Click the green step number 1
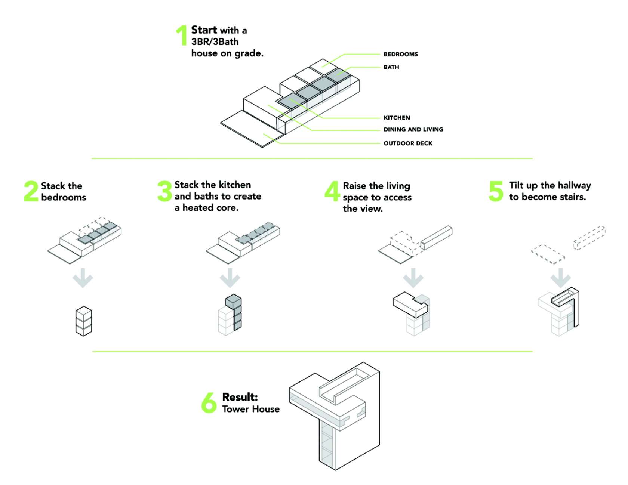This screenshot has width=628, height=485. [x=182, y=36]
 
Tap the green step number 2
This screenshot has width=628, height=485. [x=31, y=191]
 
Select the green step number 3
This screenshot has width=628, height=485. [x=164, y=191]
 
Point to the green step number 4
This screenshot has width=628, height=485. [x=332, y=191]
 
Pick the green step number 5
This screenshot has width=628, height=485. [x=496, y=191]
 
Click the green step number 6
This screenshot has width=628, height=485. [x=209, y=402]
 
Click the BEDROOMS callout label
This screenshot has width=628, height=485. [x=400, y=54]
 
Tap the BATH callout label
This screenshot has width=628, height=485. [x=391, y=67]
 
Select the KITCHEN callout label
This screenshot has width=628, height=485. [x=397, y=118]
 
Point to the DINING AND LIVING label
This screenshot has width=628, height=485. [x=413, y=130]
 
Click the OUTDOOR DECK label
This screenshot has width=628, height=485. [x=408, y=143]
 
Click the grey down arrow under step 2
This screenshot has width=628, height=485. [x=83, y=278]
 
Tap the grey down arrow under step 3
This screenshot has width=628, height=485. [x=230, y=278]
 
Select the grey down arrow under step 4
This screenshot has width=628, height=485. [x=413, y=278]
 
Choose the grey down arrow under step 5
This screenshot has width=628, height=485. [x=560, y=278]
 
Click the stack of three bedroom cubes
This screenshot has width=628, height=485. [x=84, y=321]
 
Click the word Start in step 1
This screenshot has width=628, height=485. [x=204, y=30]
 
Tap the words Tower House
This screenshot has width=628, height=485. [x=251, y=409]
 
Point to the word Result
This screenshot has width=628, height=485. [x=240, y=397]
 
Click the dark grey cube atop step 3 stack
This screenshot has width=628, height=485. [x=233, y=302]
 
